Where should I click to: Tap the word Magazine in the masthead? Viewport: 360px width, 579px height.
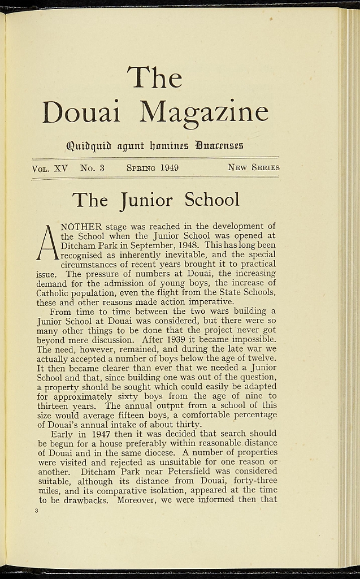[x=204, y=113]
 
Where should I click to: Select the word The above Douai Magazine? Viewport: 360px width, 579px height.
[x=154, y=77]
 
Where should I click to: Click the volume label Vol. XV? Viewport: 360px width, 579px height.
[x=50, y=167]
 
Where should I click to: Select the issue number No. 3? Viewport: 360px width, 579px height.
[x=92, y=167]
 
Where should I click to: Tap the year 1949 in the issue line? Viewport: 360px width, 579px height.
[x=169, y=167]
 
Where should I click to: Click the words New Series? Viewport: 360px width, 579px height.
[x=253, y=167]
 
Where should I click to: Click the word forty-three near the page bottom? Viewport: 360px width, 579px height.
[x=257, y=481]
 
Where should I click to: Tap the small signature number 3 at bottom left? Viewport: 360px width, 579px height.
[x=36, y=511]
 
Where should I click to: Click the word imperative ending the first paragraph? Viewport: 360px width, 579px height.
[x=212, y=302]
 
